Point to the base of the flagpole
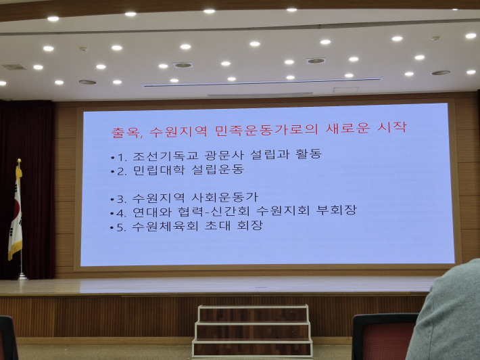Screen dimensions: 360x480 (x=21, y=275)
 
